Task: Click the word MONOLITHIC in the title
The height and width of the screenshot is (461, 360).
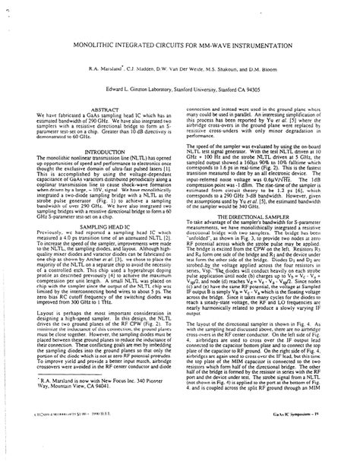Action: pos(76,50)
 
